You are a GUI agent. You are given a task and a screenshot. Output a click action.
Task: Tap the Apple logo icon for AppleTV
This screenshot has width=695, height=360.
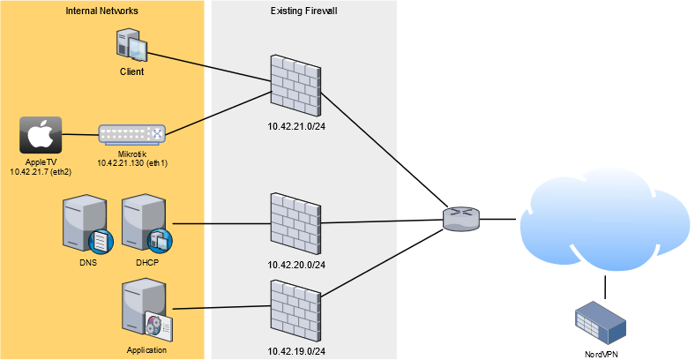tap(40, 135)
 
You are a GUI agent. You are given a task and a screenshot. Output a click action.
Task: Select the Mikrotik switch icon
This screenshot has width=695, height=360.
tap(131, 135)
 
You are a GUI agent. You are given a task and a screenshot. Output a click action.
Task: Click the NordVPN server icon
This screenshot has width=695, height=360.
tap(601, 319)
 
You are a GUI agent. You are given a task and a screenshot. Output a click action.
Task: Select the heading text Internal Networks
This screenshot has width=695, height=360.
tap(102, 10)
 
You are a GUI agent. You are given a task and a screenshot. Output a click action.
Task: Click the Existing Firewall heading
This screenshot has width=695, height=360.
tap(303, 10)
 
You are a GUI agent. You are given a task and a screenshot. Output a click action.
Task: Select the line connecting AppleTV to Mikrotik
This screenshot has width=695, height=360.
tap(78, 135)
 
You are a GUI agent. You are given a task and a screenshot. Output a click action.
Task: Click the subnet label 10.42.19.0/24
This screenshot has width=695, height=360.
tap(297, 350)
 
